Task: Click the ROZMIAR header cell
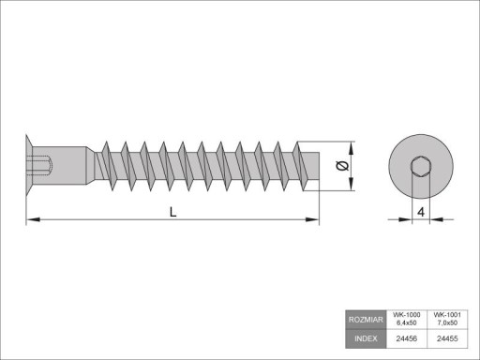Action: point(366,320)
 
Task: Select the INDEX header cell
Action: point(366,338)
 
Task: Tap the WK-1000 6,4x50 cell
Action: point(407,319)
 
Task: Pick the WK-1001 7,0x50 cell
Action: point(447,319)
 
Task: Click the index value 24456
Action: point(407,338)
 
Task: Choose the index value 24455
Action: point(447,338)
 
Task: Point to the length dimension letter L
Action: point(172,212)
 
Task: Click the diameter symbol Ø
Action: point(342,166)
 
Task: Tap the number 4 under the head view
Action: point(421,212)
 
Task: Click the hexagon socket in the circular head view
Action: point(421,167)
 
